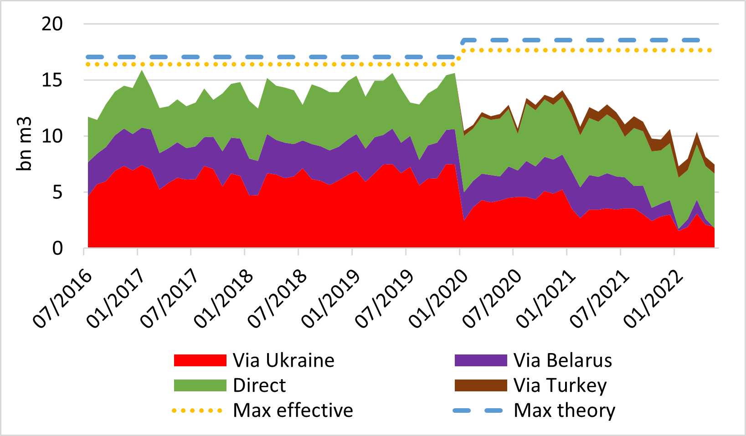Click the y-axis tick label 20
pos(52,24)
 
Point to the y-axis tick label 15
pos(52,80)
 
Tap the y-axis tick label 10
pos(52,136)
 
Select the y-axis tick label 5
pos(57,192)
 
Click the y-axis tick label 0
pos(57,248)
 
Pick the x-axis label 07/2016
pos(63,298)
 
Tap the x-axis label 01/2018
pos(224,298)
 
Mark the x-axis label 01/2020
pos(438,298)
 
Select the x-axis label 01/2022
pos(653,298)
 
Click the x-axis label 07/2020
pos(492,298)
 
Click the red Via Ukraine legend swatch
pos(200,360)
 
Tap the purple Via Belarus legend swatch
pos(481,360)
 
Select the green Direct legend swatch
pos(200,385)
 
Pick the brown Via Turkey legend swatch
pos(481,385)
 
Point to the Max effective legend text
pos(293,410)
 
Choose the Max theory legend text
pos(564,410)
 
